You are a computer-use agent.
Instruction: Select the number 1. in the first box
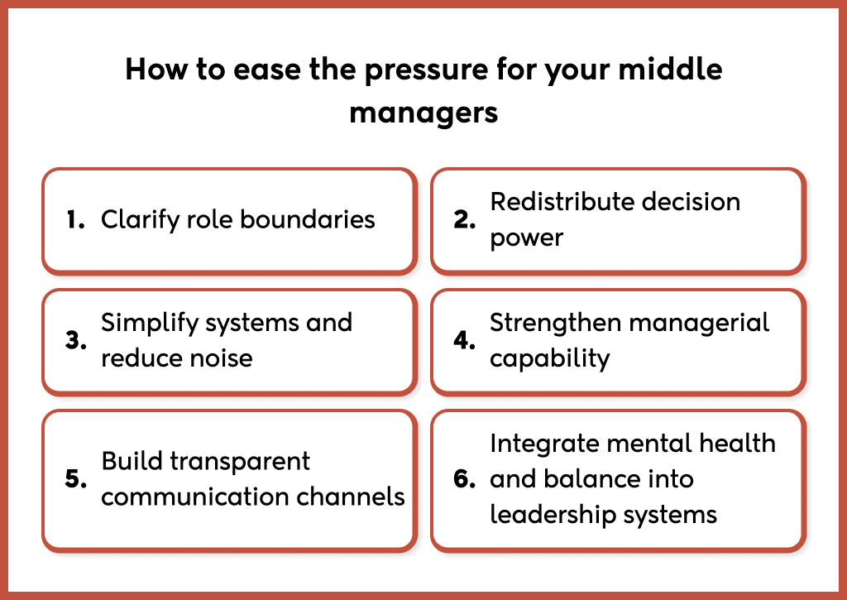click(x=76, y=220)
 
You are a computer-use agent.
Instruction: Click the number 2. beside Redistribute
click(x=465, y=220)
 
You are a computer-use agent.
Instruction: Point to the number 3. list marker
click(x=76, y=340)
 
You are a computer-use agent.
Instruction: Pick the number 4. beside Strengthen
click(x=465, y=340)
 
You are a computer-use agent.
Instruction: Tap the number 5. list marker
click(x=76, y=479)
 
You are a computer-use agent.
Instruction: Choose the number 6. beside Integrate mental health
click(x=466, y=479)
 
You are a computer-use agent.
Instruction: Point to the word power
click(x=526, y=239)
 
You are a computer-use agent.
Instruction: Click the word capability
click(x=549, y=359)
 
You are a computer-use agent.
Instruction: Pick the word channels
click(x=356, y=497)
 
